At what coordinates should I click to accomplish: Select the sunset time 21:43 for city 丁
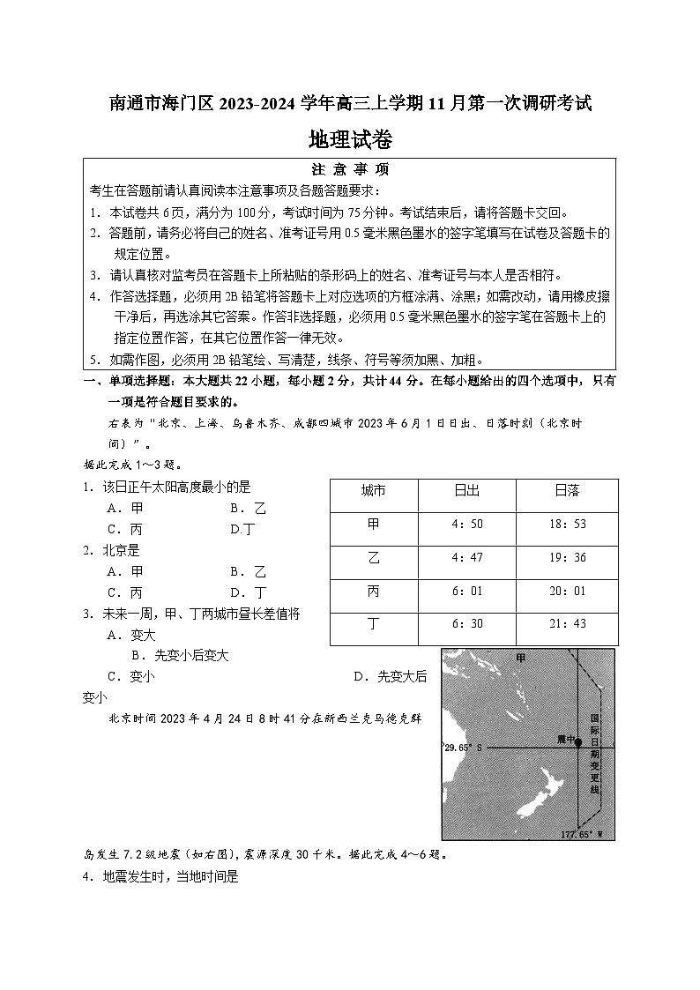pyautogui.click(x=568, y=624)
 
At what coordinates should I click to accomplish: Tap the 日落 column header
pyautogui.click(x=568, y=490)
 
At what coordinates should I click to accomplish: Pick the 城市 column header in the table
pyautogui.click(x=374, y=490)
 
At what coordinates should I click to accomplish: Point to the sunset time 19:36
pyautogui.click(x=568, y=558)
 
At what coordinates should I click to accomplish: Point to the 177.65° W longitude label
pyautogui.click(x=582, y=833)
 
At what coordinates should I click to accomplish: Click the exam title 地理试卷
pyautogui.click(x=350, y=139)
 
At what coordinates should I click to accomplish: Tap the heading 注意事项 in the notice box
pyautogui.click(x=350, y=169)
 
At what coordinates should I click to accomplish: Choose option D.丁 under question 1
pyautogui.click(x=242, y=529)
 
